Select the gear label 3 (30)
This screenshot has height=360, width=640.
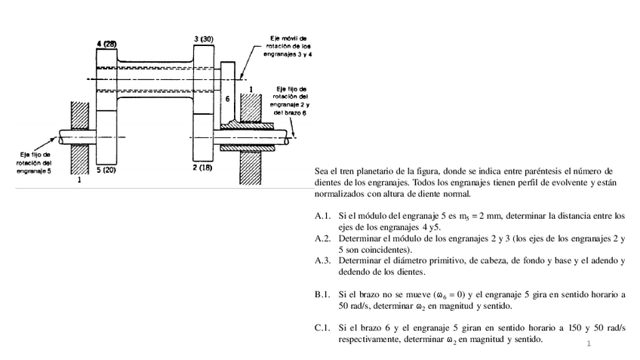(203, 38)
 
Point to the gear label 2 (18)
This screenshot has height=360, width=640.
(202, 167)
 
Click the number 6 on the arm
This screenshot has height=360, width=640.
(228, 99)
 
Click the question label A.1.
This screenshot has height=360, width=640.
(323, 217)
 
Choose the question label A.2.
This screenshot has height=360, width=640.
(323, 238)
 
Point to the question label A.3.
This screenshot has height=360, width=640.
(323, 260)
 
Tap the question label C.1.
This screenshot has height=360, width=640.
(323, 328)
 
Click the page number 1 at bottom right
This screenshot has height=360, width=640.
(587, 344)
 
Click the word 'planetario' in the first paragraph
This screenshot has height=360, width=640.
(382, 172)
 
